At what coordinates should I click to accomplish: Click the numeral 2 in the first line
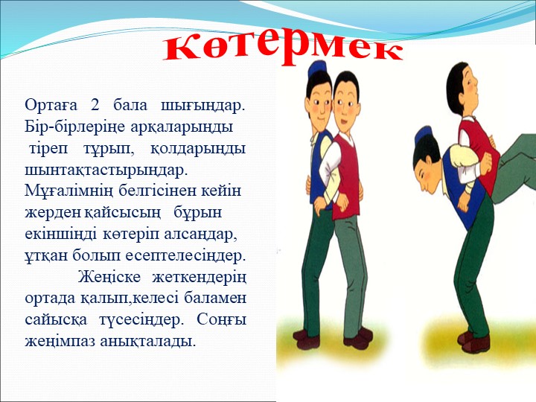pos(95,105)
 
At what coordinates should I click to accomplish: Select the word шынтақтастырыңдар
pos(106,170)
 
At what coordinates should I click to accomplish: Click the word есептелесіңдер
pos(185,256)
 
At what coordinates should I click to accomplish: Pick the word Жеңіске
pos(109,278)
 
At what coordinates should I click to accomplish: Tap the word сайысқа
pos(56,320)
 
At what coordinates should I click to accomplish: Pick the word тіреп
pos(48,150)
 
